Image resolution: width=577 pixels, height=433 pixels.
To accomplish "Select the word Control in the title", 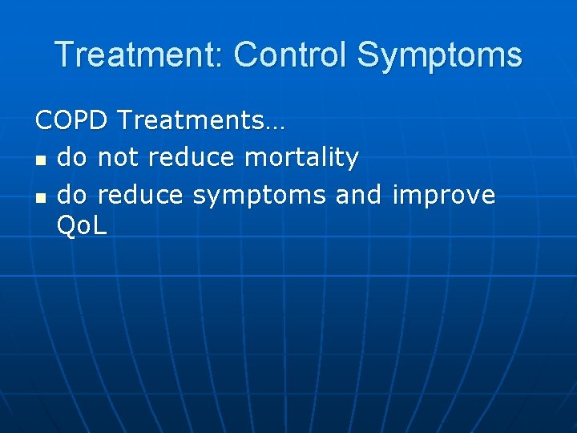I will coord(291,55).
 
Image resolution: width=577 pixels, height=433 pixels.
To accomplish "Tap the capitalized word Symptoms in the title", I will coord(439,56).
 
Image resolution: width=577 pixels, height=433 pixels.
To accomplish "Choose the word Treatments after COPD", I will coord(191,121).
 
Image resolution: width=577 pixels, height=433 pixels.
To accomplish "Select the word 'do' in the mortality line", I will coord(74,158).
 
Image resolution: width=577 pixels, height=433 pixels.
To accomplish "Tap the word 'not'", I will coord(119,158).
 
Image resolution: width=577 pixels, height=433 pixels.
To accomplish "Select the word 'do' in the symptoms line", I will coord(74,195).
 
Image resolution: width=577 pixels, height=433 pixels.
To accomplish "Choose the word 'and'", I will coord(359,195).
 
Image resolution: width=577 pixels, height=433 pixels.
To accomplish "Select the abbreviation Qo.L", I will coord(82,227).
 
